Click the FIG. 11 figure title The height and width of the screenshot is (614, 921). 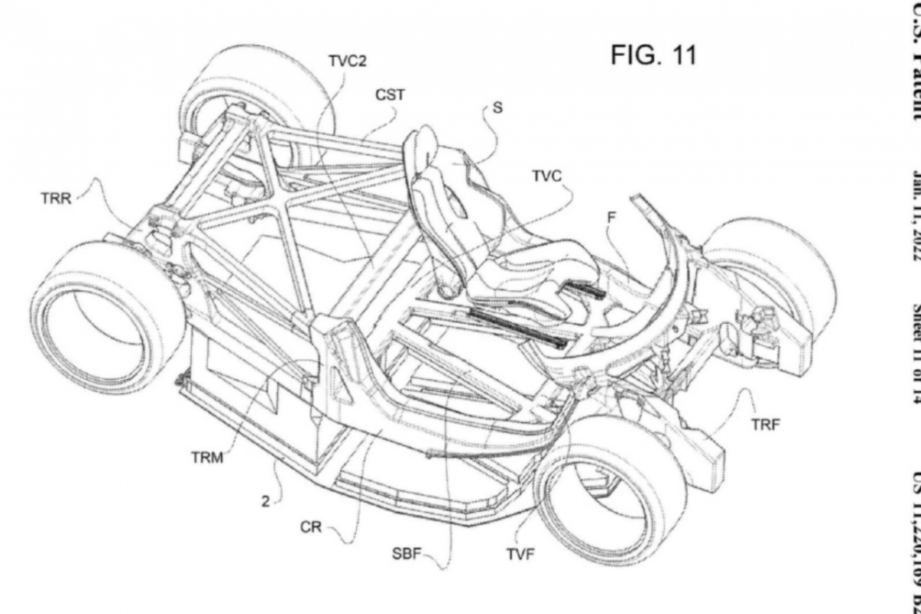coord(654,56)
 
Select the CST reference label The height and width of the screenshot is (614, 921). coord(390,96)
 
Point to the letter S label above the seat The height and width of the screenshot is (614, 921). coord(519,108)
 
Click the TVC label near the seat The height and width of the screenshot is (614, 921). coord(546,177)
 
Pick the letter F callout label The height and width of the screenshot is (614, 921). coord(611,217)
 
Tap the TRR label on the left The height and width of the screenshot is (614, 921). coord(55,197)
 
